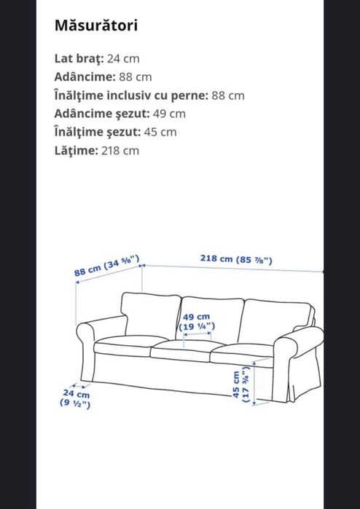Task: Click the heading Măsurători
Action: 96,25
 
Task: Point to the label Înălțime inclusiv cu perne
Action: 131,95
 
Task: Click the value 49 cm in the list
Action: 172,114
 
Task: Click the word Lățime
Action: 75,151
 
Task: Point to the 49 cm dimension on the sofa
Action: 196,322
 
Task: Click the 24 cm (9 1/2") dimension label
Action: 74,399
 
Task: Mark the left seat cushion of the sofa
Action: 122,345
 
